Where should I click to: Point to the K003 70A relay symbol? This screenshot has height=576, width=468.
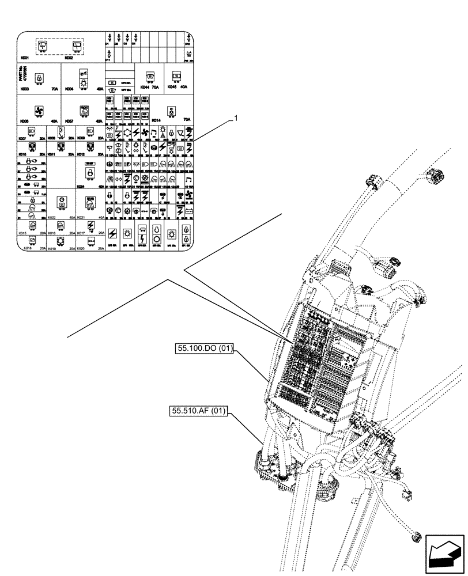39,78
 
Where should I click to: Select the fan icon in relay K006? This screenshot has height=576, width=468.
39,111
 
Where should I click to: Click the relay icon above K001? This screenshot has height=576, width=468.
43,46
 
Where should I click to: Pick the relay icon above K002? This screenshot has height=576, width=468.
76,46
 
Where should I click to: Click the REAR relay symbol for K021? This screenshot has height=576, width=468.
90,202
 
